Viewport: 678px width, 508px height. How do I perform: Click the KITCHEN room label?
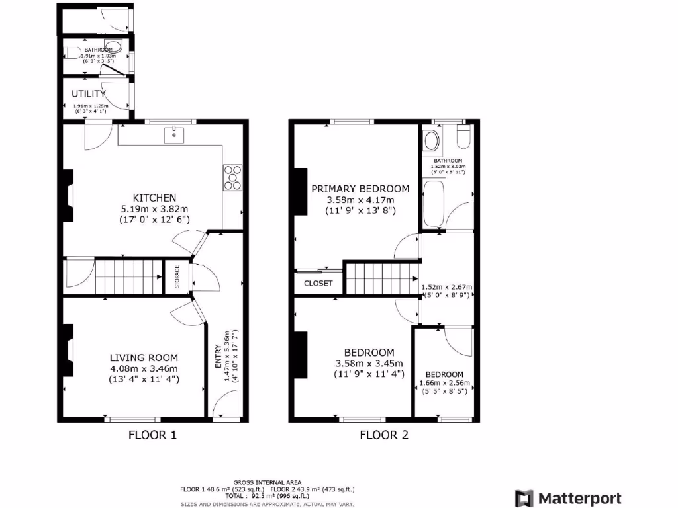[x=154, y=198]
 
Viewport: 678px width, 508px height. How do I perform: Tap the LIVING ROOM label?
[x=144, y=357]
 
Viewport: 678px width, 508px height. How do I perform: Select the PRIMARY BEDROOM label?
[x=360, y=189]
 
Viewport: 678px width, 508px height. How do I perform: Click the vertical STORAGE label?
[x=177, y=276]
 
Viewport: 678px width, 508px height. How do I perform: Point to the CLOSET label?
[x=318, y=283]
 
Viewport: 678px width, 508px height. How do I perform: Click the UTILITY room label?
[x=89, y=94]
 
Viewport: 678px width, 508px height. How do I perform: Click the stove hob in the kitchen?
[x=233, y=177]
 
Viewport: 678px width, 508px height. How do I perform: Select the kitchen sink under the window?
[x=174, y=134]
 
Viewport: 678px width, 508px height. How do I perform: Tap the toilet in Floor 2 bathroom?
[x=463, y=137]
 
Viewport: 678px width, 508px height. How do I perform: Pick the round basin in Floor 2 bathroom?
[x=431, y=140]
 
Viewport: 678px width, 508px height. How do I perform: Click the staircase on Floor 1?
[x=129, y=276]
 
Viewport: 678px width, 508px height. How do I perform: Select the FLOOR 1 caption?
[x=152, y=435]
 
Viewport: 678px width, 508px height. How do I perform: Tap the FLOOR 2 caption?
[x=384, y=435]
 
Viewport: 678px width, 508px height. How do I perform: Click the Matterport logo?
[x=569, y=498]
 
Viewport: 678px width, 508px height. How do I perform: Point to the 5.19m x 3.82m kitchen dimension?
[x=154, y=208]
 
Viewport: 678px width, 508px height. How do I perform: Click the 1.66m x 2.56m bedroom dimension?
[x=445, y=383]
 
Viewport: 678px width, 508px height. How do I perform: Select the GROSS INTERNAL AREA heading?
[x=267, y=482]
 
